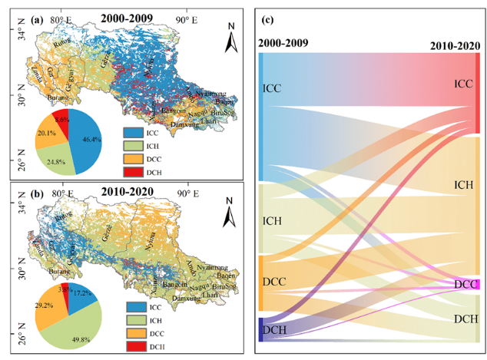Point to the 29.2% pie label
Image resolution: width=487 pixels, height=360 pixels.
click(42, 304)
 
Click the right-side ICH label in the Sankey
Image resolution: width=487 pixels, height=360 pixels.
click(462, 185)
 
